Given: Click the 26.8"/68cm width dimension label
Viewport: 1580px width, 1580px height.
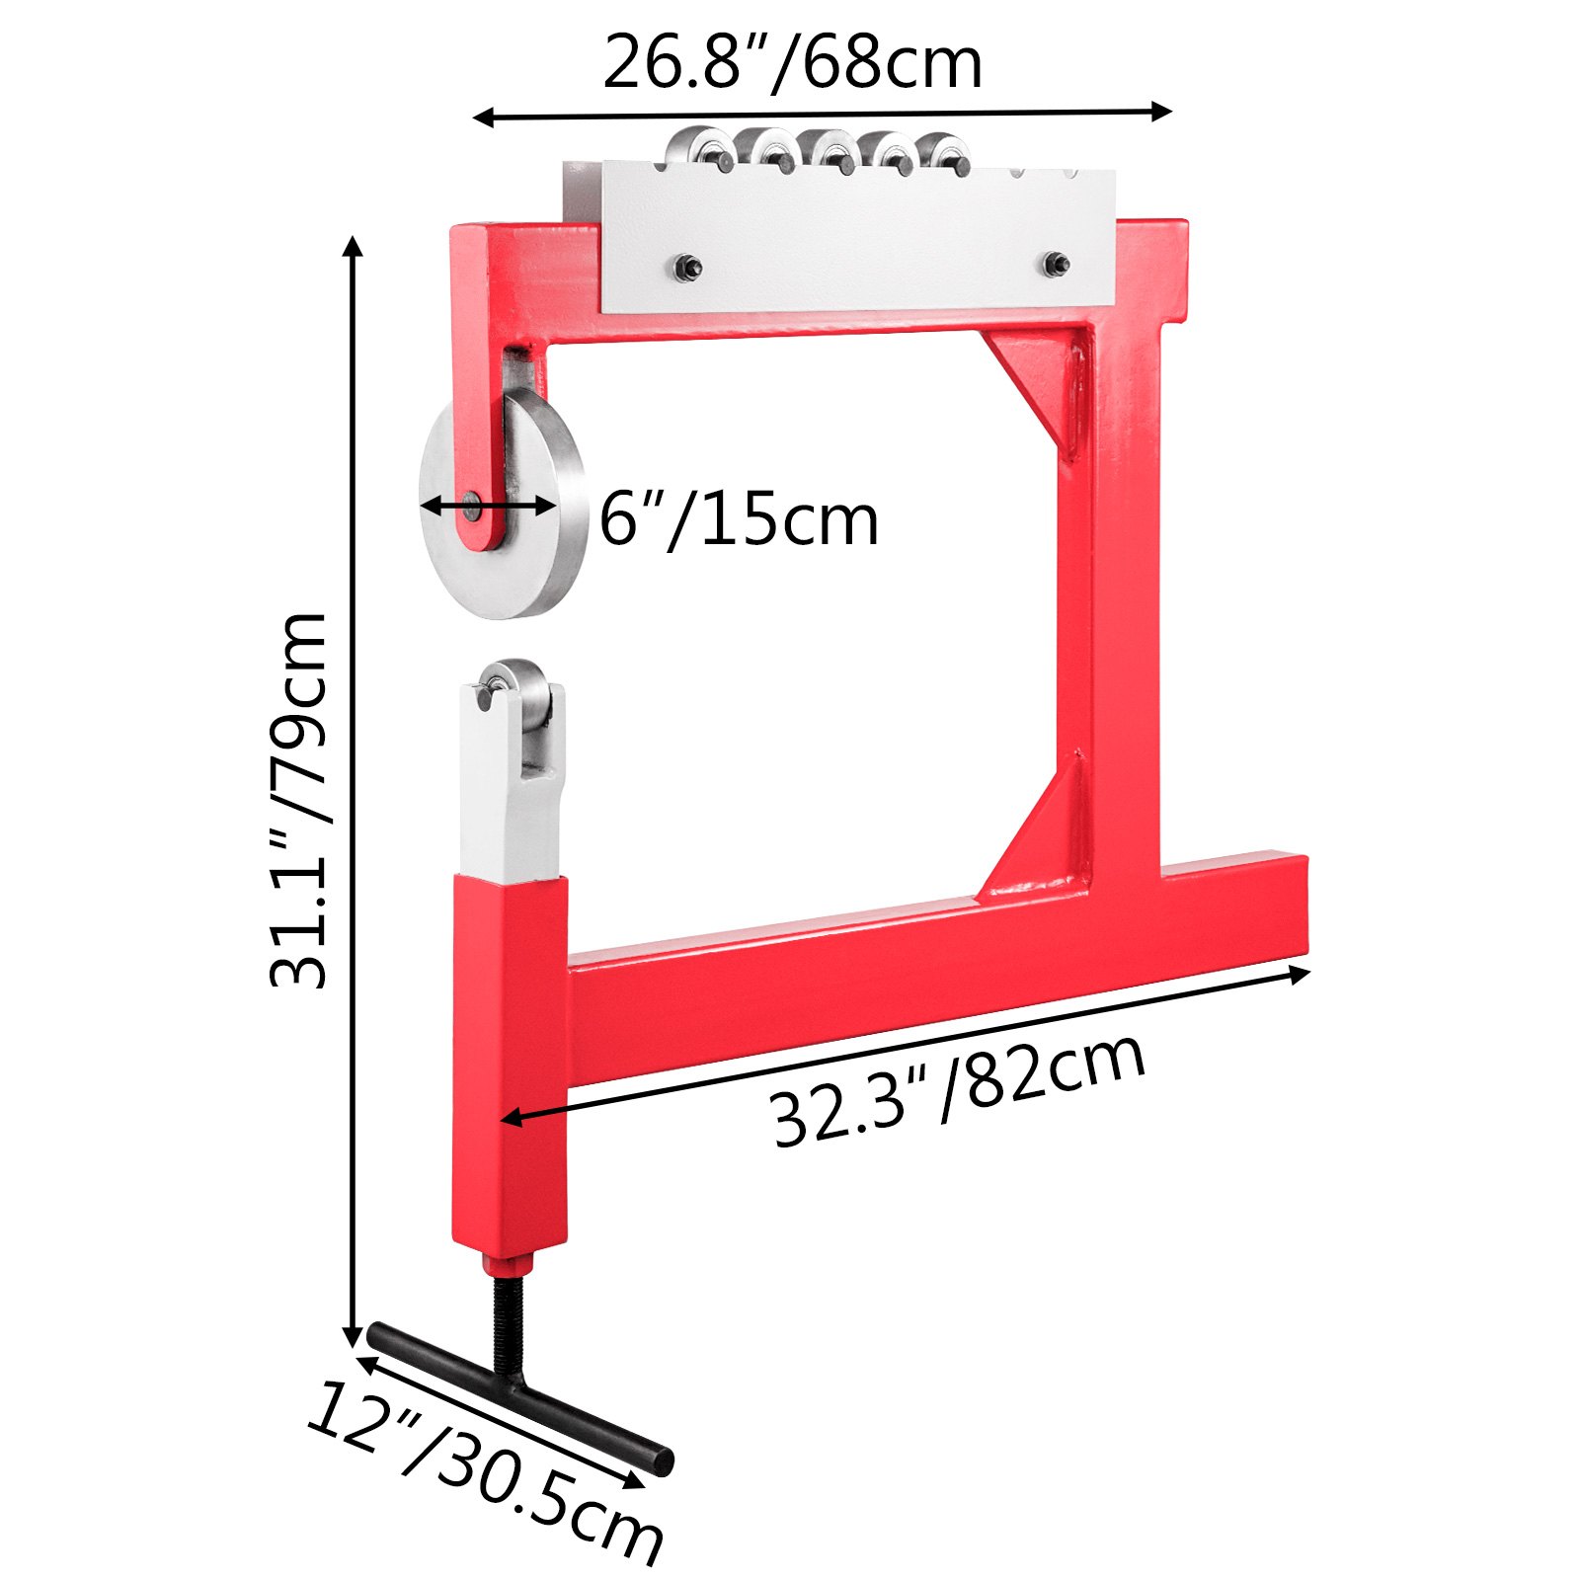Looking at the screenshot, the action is [x=792, y=63].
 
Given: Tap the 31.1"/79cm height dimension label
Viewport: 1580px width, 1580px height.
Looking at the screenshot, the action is [x=297, y=800].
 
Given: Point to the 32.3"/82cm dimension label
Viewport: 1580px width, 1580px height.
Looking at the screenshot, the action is [x=958, y=1090].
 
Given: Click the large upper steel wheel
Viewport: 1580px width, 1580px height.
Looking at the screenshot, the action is [x=504, y=504].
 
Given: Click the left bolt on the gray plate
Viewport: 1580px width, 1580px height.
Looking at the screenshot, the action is [x=687, y=267].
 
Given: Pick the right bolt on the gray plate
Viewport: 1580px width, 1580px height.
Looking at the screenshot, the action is [x=1057, y=264].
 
